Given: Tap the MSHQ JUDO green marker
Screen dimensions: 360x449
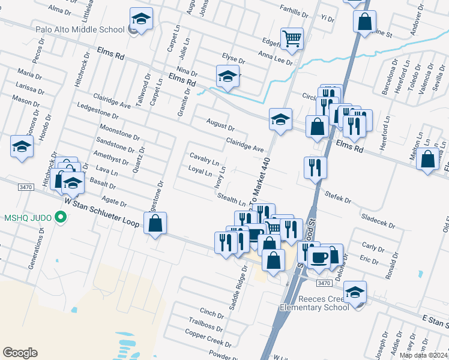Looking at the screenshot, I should pos(59,217).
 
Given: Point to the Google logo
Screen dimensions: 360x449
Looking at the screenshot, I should pos(20,352).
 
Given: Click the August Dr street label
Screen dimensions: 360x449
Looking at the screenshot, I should pos(220,125).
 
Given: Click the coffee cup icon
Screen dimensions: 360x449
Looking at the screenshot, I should pos(319,257).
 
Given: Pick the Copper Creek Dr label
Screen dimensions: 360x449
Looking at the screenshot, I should pos(208,338).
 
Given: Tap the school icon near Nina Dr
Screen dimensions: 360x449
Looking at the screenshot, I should pos(228,77).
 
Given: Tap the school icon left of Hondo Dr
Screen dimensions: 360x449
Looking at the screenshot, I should pos(22,146).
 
